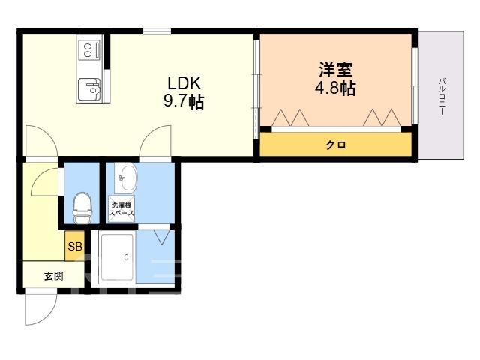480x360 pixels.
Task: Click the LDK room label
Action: [x=184, y=83]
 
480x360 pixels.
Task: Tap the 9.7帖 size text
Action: [x=184, y=101]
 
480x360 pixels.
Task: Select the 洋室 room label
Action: [x=336, y=70]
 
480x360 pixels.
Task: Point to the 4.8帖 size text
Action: [x=336, y=88]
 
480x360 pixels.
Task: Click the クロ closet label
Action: [x=336, y=145]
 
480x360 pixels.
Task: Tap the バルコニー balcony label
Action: [x=442, y=97]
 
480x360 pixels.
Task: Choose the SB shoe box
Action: [x=75, y=246]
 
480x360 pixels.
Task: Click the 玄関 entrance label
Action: [x=54, y=276]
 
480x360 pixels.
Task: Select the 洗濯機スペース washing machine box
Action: [x=121, y=209]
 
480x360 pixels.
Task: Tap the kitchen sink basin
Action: [x=89, y=89]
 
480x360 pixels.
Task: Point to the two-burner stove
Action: [x=89, y=50]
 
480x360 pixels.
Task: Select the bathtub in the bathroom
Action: [x=117, y=257]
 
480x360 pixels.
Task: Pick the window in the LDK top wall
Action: [x=157, y=31]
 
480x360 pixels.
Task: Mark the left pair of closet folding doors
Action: [x=290, y=117]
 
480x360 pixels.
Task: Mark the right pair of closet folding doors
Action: [x=382, y=117]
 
